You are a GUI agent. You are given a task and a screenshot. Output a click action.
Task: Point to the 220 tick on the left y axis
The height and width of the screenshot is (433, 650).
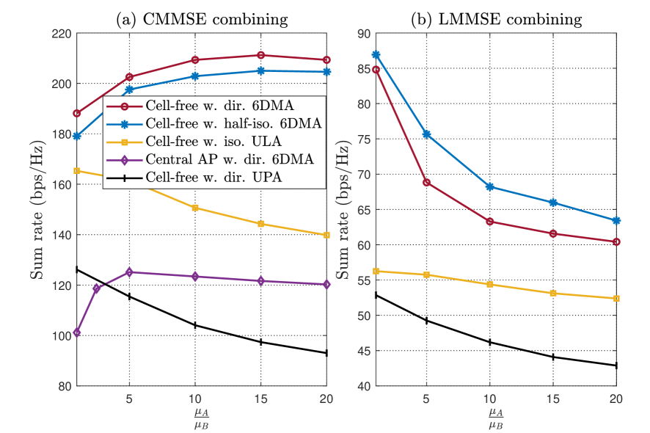click(60, 34)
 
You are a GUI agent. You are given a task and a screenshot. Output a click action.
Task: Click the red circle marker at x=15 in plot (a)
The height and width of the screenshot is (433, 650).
click(260, 55)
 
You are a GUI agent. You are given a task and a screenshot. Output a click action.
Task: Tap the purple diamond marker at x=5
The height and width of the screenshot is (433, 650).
click(130, 272)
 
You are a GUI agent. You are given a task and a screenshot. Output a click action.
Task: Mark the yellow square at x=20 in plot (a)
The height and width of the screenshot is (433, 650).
click(326, 235)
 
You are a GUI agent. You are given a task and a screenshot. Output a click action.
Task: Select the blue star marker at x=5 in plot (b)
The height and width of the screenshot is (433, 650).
click(426, 134)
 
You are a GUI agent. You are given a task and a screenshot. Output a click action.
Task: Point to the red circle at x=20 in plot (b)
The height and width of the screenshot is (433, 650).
click(616, 241)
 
